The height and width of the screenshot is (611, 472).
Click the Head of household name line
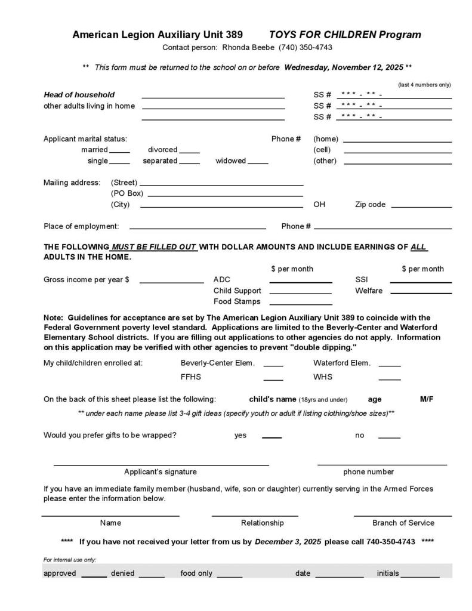(x=212, y=96)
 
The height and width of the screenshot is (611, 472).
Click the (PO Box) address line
(x=225, y=195)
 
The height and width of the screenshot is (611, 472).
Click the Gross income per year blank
(x=171, y=281)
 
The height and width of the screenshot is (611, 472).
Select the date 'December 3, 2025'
(x=288, y=542)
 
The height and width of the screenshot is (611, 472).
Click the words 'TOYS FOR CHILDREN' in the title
(x=323, y=35)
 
